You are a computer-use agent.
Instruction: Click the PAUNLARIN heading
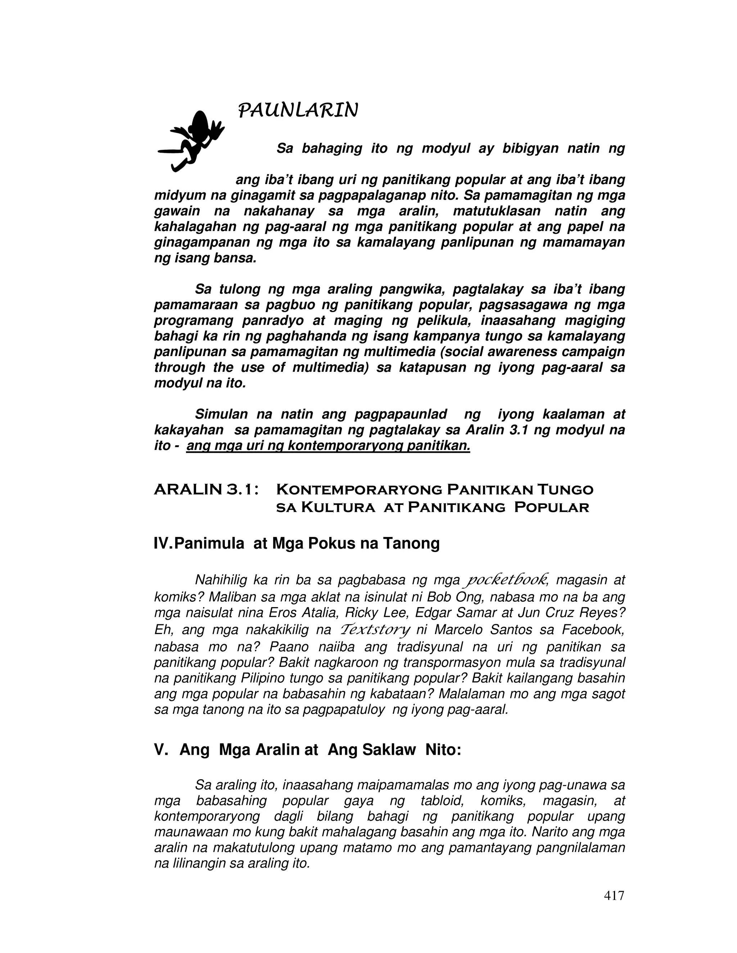click(x=298, y=110)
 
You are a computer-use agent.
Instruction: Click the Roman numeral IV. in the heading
click(x=163, y=544)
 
